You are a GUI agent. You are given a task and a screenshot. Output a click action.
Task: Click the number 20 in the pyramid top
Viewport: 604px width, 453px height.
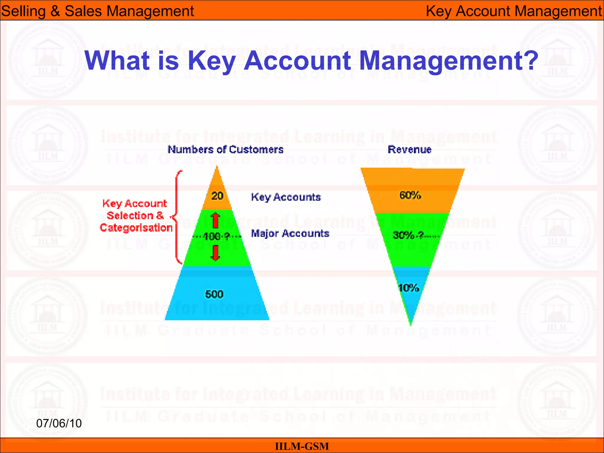click(217, 196)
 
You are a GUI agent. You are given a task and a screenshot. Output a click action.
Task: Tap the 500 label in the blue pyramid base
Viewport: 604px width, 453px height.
click(214, 294)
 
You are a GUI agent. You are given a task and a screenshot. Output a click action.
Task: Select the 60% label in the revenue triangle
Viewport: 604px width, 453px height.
click(410, 195)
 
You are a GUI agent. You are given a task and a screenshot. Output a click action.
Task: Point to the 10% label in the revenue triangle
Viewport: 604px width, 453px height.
click(408, 288)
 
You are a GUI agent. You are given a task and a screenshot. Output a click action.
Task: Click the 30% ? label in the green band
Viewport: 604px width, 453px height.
click(408, 235)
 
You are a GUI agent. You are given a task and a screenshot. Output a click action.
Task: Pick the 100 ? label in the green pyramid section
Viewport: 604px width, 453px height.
click(216, 236)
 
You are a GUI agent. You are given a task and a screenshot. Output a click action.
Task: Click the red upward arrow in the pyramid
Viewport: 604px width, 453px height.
click(216, 220)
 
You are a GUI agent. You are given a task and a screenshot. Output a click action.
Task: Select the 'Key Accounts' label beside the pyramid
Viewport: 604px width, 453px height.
click(285, 197)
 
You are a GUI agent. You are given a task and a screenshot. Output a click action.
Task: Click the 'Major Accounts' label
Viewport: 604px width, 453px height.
click(290, 234)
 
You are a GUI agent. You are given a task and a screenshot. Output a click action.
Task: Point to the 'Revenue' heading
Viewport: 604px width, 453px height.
click(409, 150)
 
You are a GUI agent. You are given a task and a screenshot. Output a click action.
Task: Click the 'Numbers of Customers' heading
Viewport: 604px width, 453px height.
click(225, 150)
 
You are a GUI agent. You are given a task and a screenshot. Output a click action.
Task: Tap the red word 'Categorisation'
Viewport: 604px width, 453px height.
click(136, 228)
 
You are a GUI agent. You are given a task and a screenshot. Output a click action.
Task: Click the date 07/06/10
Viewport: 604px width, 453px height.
click(59, 424)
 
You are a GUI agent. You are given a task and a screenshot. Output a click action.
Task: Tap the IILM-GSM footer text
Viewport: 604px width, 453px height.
click(302, 446)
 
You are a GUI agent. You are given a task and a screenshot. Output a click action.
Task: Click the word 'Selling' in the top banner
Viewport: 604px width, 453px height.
click(23, 11)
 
